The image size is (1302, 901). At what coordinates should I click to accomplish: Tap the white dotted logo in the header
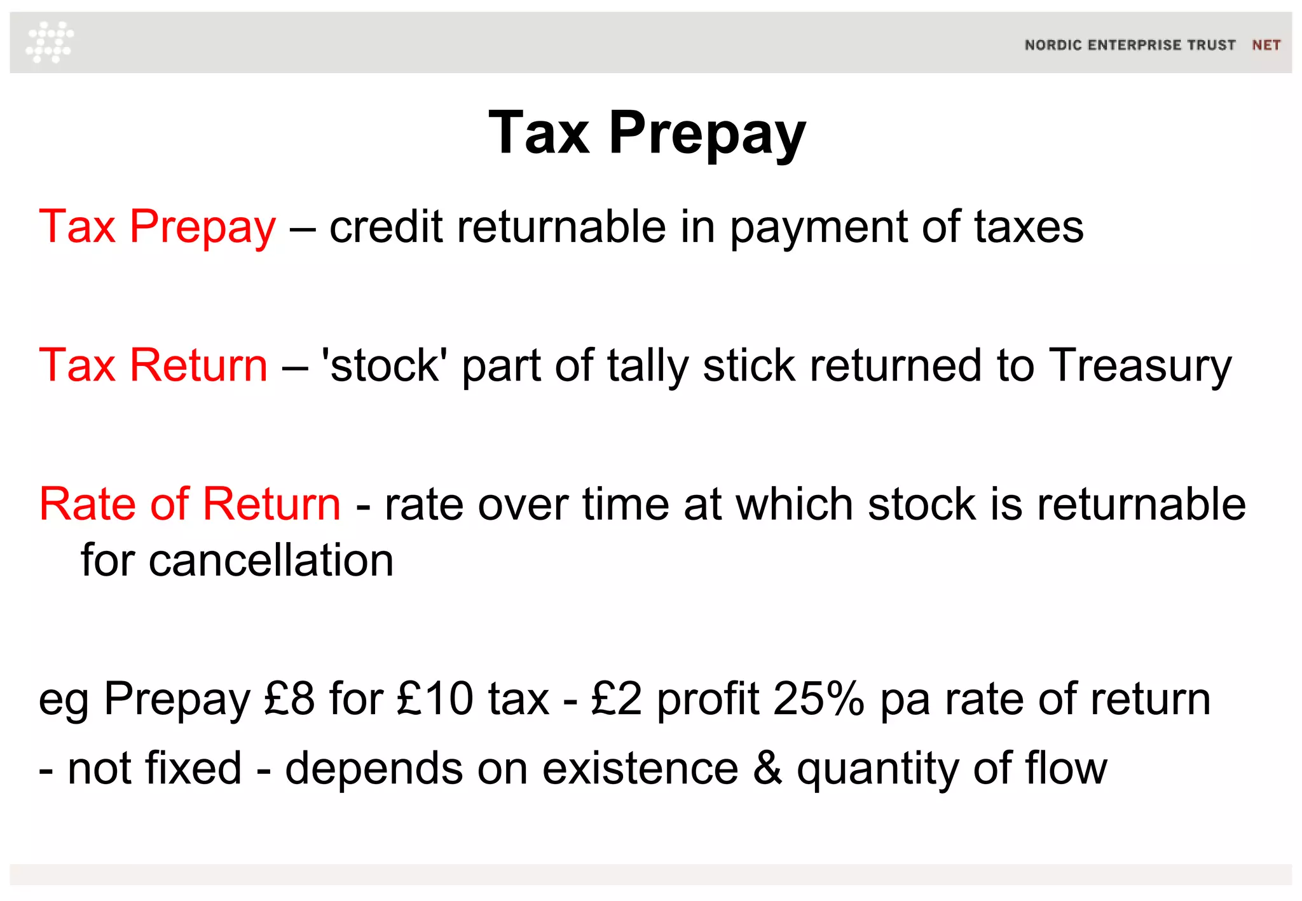pyautogui.click(x=50, y=42)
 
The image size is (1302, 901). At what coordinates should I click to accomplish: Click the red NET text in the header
pyautogui.click(x=1266, y=45)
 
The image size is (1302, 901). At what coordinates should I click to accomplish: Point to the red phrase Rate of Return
pyautogui.click(x=189, y=504)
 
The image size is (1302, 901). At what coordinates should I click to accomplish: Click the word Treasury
pyautogui.click(x=1140, y=367)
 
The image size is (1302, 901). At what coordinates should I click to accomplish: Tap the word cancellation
pyautogui.click(x=271, y=560)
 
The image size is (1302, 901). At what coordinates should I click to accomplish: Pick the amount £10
pyautogui.click(x=435, y=699)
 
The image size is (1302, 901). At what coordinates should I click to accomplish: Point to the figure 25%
pyautogui.click(x=819, y=699)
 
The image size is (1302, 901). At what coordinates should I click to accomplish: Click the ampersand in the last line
pyautogui.click(x=767, y=768)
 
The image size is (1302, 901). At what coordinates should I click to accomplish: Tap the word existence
pyautogui.click(x=640, y=768)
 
